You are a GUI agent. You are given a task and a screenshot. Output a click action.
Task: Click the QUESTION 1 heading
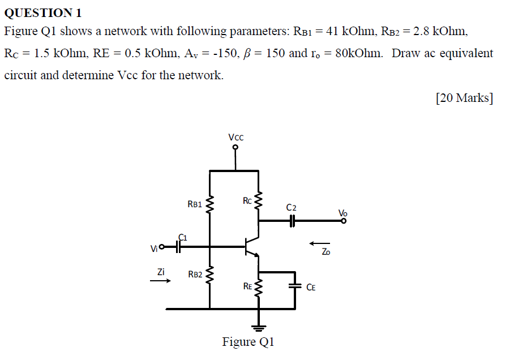pyautogui.click(x=43, y=12)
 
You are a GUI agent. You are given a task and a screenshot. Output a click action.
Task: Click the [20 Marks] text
pyautogui.click(x=464, y=98)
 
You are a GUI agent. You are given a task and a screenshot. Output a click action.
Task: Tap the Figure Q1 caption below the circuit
pyautogui.click(x=248, y=342)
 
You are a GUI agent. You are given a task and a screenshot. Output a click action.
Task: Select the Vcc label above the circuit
pyautogui.click(x=236, y=136)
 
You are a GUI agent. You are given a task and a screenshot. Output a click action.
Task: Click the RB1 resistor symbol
pyautogui.click(x=210, y=204)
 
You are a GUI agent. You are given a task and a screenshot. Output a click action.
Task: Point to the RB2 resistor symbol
pyautogui.click(x=210, y=275)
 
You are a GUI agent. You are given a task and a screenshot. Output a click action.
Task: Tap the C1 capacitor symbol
pyautogui.click(x=179, y=246)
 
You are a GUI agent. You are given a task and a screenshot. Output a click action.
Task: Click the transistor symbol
pyautogui.click(x=250, y=247)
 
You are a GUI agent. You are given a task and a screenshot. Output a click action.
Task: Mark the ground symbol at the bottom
pyautogui.click(x=259, y=327)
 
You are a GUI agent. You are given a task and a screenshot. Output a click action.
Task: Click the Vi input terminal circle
pyautogui.click(x=161, y=247)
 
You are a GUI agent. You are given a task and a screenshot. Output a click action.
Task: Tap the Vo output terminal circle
pyautogui.click(x=343, y=222)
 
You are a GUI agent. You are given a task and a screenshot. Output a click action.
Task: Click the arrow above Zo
pyautogui.click(x=319, y=243)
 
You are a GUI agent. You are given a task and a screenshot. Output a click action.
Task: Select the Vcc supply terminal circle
pyautogui.click(x=236, y=148)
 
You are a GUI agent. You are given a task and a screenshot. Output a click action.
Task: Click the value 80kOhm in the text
pyautogui.click(x=360, y=53)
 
